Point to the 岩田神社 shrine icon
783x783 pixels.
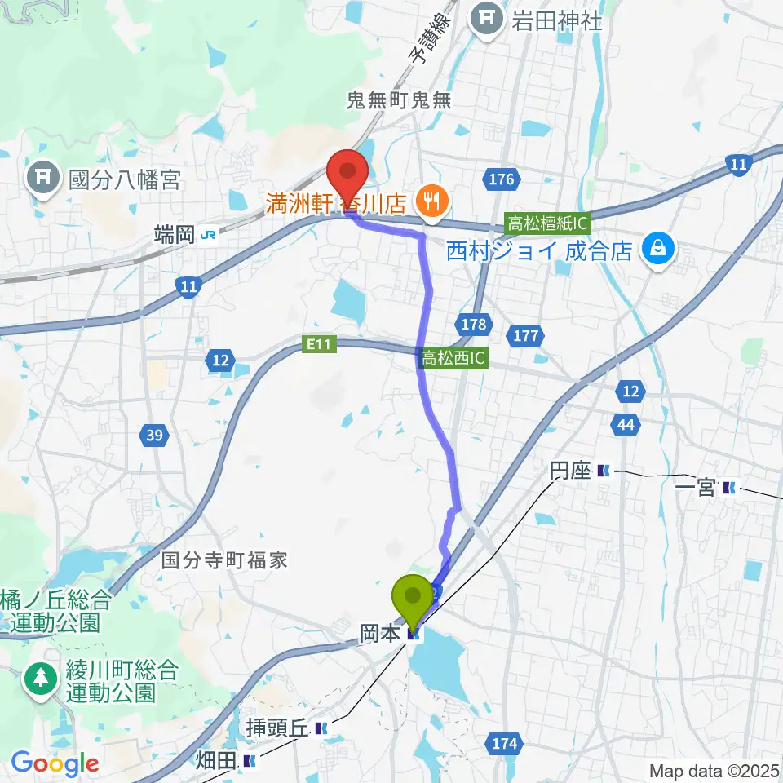pyautogui.click(x=488, y=18)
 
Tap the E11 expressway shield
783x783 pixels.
pyautogui.click(x=319, y=346)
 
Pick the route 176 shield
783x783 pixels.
pyautogui.click(x=500, y=179)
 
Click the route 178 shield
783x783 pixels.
pyautogui.click(x=472, y=324)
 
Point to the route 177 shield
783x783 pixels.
pyautogui.click(x=524, y=334)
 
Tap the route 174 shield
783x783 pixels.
pyautogui.click(x=504, y=743)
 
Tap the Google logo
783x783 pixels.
pyautogui.click(x=55, y=763)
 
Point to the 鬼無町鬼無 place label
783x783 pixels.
pyautogui.click(x=399, y=100)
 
